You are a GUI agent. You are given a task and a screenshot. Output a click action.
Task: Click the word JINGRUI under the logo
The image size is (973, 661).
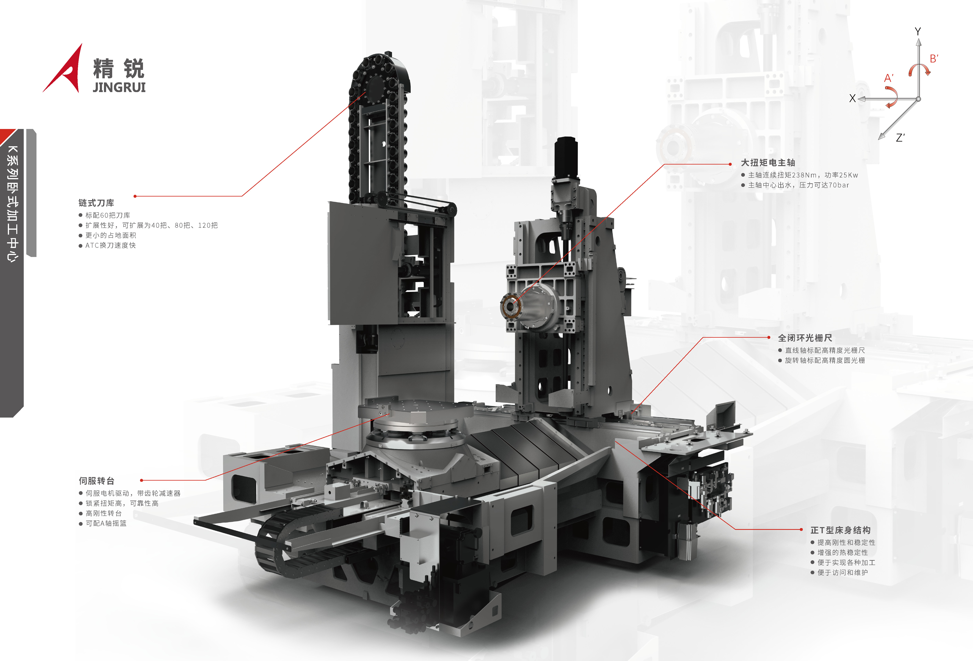point(119,87)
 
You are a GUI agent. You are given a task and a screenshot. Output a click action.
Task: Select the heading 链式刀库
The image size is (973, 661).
point(96,203)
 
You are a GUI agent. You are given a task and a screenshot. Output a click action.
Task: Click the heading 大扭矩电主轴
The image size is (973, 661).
point(768,163)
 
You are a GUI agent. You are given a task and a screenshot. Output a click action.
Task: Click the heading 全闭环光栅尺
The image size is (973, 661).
point(805,338)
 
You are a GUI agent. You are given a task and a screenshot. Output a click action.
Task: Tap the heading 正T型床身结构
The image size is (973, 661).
point(840,530)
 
